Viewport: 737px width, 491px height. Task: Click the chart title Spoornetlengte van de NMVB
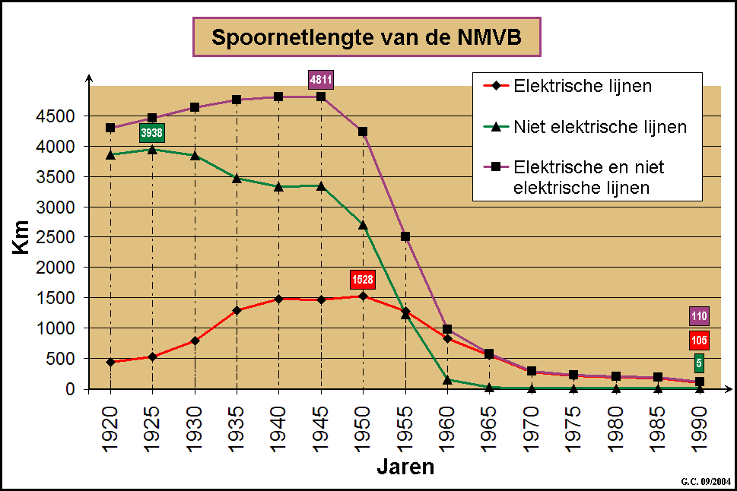(x=367, y=37)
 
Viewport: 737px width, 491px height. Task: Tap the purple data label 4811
(x=321, y=79)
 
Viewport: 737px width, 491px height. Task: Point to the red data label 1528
(x=363, y=280)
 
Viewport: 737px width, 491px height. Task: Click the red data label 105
(x=700, y=340)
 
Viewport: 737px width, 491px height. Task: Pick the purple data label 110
(x=700, y=316)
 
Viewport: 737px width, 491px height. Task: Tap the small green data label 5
(x=699, y=363)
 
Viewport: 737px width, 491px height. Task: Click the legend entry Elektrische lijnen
(x=583, y=86)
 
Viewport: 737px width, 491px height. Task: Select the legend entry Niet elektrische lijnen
(x=600, y=127)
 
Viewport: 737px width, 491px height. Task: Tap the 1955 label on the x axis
(x=405, y=420)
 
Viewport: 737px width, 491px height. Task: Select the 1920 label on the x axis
(x=110, y=420)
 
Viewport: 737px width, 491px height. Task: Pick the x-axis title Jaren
(x=405, y=465)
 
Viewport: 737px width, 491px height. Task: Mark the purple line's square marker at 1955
(x=405, y=236)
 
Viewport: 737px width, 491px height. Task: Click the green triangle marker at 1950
(x=363, y=225)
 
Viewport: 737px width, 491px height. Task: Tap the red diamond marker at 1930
(x=195, y=341)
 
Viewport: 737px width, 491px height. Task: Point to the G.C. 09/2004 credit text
(x=704, y=481)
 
